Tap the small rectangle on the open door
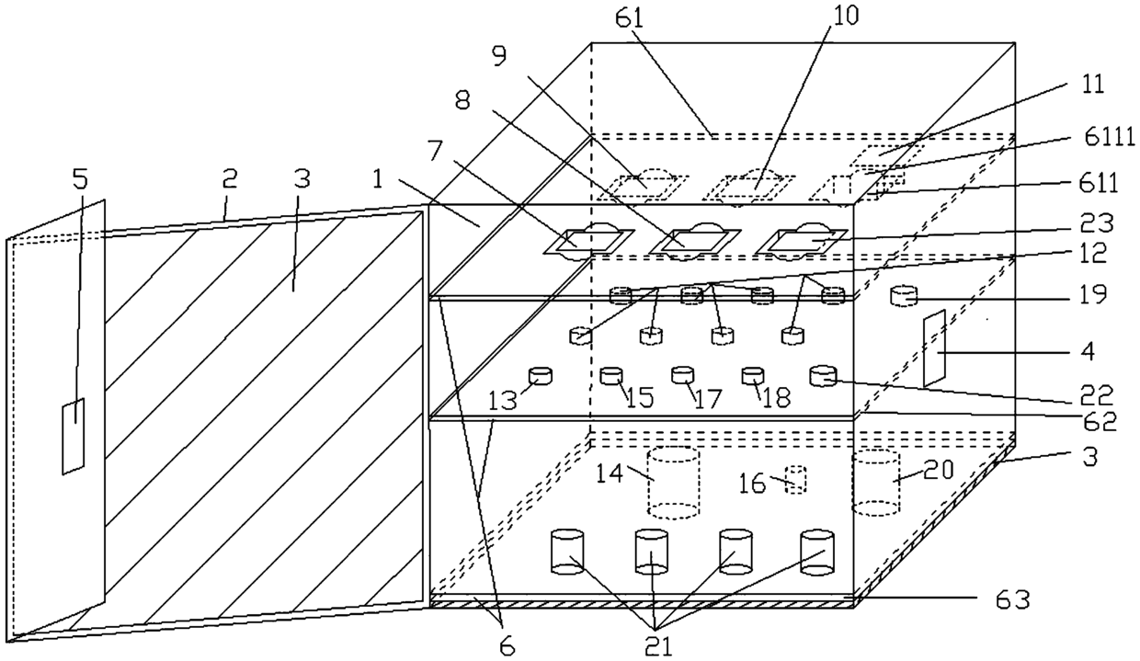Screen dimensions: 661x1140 click(74, 436)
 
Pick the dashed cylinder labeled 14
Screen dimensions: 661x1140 click(674, 483)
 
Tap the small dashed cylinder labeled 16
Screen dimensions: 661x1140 click(796, 479)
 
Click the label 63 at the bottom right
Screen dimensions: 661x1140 click(1013, 601)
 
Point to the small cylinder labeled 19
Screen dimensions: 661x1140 click(906, 296)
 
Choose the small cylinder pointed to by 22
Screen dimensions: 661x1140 click(824, 375)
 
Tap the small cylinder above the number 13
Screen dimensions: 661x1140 click(540, 375)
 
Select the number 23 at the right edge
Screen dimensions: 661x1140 click(1096, 222)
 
